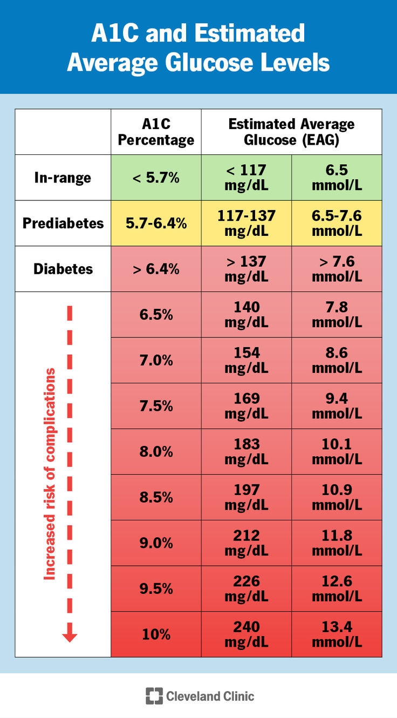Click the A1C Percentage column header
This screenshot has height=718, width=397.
pos(156,132)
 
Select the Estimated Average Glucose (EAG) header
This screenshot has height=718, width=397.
pos(291,132)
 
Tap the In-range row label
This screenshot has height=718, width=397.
pos(63,178)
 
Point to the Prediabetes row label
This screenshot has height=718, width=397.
pos(63,223)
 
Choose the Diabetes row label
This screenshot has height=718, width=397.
pos(63,269)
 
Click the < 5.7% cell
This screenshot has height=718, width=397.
pos(156,178)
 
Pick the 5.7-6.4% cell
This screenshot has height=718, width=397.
pos(156,223)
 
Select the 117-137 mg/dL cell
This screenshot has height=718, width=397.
pos(247,223)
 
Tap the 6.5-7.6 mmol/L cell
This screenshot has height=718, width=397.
pos(337,223)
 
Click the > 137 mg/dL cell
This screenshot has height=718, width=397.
pos(247,269)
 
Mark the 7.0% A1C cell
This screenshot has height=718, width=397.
pos(156,360)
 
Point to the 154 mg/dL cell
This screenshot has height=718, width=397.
pos(247,360)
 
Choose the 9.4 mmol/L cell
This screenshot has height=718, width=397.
pos(337,406)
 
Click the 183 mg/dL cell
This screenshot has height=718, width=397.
pos(247,451)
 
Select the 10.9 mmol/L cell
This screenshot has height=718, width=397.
pos(337,497)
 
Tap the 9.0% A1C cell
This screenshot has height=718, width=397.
pos(156,543)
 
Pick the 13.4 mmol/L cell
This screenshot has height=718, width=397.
pos(337,634)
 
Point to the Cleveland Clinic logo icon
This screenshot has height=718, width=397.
pos(154,696)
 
